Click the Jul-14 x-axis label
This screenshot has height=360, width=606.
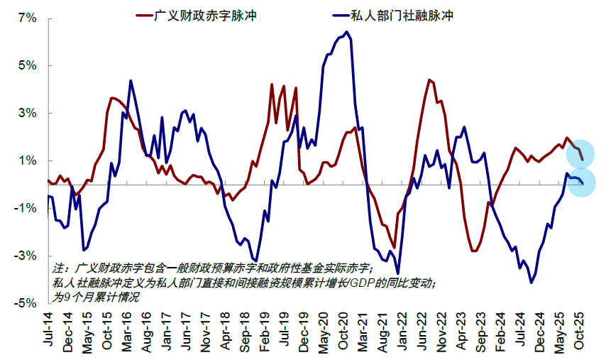[48, 329]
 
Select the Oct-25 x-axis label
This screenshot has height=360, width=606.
[578, 329]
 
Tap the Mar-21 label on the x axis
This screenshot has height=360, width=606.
[362, 329]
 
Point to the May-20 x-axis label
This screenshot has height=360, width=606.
[323, 329]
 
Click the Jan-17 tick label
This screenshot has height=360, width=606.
[166, 329]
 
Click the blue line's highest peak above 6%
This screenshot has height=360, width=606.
[346, 32]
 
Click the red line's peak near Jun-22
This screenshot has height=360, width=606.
[430, 80]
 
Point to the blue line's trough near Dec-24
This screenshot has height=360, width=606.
[531, 283]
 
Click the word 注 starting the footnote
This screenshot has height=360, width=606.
[58, 268]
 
